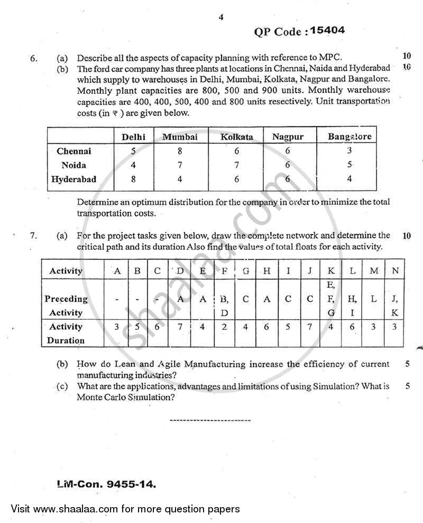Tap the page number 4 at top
coord(221,17)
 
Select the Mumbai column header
coord(180,137)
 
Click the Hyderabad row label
coord(73,179)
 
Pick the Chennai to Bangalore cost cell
coord(350,150)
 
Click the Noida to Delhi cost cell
coord(133,165)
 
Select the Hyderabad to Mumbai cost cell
coord(180,179)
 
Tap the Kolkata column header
coord(236,137)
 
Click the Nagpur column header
coord(288,137)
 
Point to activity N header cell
coord(394,270)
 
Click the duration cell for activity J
coord(310,327)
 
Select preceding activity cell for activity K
coord(331,299)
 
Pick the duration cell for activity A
coord(117,327)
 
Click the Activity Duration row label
coord(66,333)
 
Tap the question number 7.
coord(34,236)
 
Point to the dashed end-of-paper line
coord(210,420)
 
